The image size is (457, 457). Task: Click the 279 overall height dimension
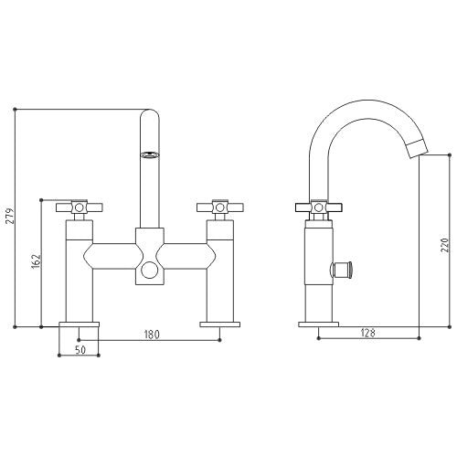click(11, 216)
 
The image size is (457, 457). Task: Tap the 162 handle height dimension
click(37, 261)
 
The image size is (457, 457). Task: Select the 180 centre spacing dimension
click(152, 335)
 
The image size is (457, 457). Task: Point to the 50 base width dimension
click(80, 350)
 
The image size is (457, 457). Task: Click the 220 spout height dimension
click(445, 245)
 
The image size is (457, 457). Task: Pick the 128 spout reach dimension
click(367, 333)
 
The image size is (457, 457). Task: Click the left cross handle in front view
click(80, 207)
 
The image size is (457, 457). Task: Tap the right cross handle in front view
click(220, 207)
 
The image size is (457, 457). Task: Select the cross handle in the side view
click(319, 207)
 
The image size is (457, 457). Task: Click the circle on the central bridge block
click(150, 270)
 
